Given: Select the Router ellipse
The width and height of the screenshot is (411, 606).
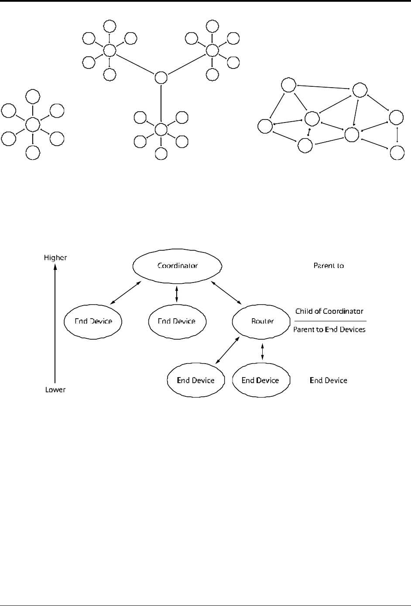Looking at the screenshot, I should (x=262, y=321).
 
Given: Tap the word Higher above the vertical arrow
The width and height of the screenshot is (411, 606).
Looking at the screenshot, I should (x=55, y=258).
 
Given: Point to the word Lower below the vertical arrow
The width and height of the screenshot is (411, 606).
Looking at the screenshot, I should (x=55, y=389).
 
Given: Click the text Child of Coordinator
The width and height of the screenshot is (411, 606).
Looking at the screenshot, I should (x=329, y=311).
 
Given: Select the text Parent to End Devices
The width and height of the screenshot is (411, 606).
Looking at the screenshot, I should (x=329, y=330).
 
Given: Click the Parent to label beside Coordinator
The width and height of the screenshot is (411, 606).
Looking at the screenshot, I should (x=329, y=265).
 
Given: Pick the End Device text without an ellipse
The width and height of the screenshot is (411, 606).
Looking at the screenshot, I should (x=329, y=380).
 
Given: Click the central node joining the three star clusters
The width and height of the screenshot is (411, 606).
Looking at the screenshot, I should (x=161, y=78).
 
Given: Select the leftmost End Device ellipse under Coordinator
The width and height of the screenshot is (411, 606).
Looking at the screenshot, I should (x=93, y=321).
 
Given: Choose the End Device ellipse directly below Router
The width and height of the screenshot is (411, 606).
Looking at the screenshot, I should (x=260, y=380).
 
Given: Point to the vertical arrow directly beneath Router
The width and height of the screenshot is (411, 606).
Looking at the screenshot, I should (x=262, y=351).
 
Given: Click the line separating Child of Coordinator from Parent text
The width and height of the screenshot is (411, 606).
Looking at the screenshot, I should (x=330, y=320).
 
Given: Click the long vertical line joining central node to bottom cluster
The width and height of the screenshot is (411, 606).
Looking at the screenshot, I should (x=161, y=104).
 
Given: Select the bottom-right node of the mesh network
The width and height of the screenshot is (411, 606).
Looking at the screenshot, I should (x=397, y=153).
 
